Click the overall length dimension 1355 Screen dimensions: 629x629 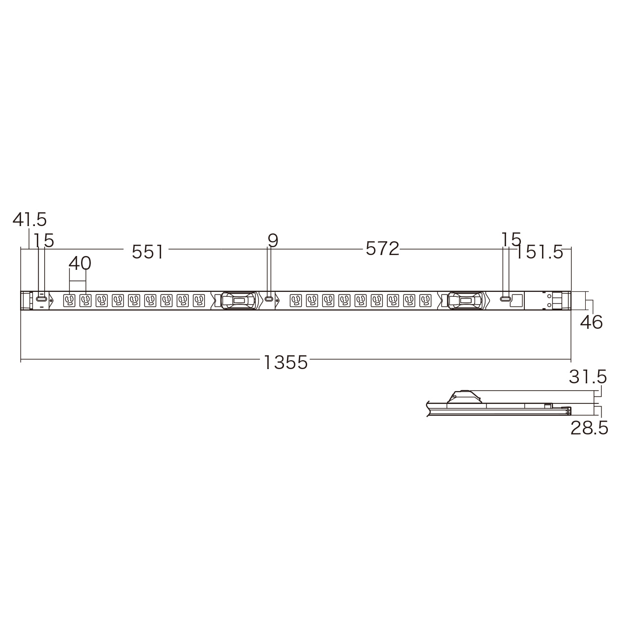[286, 362]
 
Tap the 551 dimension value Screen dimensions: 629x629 [147, 252]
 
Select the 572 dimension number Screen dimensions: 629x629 [382, 249]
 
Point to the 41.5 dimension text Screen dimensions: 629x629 [29, 219]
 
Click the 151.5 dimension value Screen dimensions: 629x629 [539, 253]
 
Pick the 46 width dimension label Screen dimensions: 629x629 [592, 322]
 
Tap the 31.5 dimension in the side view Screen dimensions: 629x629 [588, 377]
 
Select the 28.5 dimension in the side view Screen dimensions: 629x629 [590, 428]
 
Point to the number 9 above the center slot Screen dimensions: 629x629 [273, 241]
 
